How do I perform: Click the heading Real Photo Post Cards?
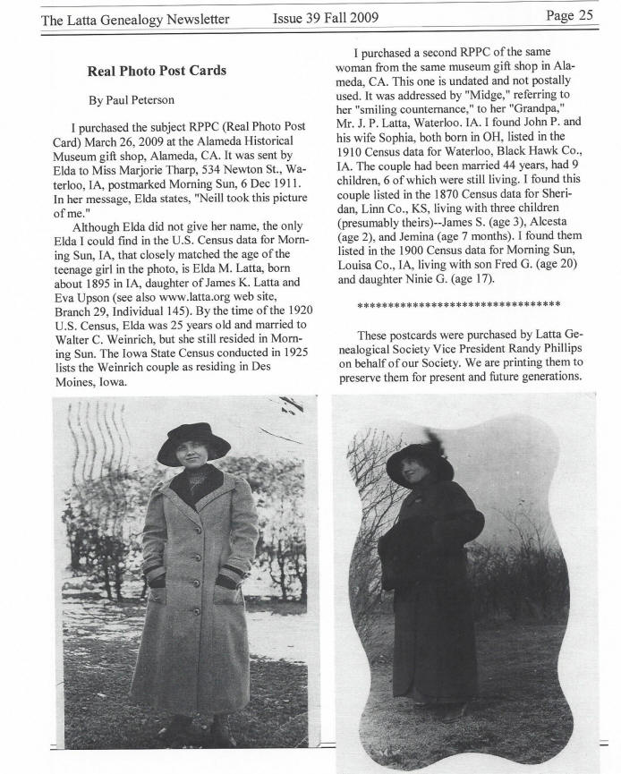point(157,71)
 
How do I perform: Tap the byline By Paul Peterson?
point(131,100)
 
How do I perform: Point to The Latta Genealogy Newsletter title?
point(135,18)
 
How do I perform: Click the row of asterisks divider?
point(458,304)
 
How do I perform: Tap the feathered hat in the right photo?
point(419,456)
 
